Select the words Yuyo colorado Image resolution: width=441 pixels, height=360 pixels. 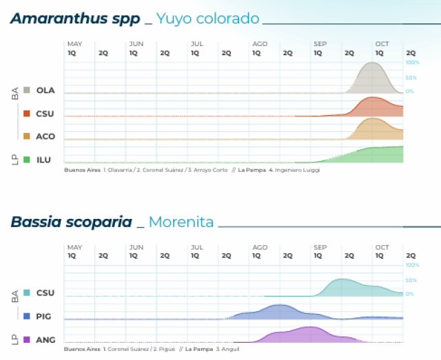[x=207, y=19]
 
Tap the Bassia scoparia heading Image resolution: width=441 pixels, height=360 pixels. [x=71, y=222]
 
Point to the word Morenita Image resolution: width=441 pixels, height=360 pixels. [x=181, y=222]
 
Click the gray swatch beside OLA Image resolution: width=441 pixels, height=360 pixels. [x=26, y=90]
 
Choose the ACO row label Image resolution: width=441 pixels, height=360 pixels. [x=45, y=136]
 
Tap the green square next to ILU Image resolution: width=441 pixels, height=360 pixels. [x=26, y=160]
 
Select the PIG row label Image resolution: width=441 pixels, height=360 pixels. [x=45, y=317]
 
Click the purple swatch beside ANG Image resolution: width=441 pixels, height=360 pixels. [x=26, y=339]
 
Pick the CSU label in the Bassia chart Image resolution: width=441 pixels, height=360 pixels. [x=45, y=293]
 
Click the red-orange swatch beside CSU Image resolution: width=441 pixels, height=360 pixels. [x=26, y=114]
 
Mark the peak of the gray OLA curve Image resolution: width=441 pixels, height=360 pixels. [x=373, y=63]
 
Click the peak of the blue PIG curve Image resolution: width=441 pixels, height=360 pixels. [x=279, y=305]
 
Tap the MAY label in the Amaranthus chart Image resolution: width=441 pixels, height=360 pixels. [x=74, y=44]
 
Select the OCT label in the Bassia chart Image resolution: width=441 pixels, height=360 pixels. [x=382, y=247]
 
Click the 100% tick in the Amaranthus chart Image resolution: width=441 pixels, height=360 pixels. [x=412, y=62]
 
